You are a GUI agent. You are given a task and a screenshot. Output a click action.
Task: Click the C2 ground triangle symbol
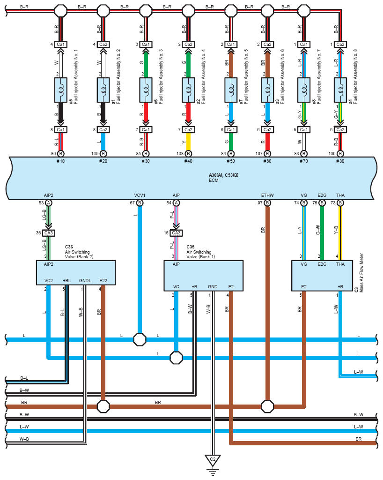pos(213,460)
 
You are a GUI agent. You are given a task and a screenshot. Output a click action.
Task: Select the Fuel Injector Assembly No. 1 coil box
pos(61,90)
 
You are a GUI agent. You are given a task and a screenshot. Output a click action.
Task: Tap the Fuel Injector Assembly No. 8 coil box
pos(340,90)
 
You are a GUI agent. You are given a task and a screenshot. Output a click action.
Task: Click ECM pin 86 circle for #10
pos(61,153)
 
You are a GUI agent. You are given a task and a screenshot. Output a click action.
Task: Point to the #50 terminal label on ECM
pos(231,161)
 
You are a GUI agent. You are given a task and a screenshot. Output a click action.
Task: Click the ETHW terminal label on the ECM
pos(267,195)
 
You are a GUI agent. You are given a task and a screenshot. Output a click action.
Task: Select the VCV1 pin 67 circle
pos(140,202)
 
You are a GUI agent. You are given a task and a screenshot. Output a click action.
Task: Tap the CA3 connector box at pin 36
pos(49,233)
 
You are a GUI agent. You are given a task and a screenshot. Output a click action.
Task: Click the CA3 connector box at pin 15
pos(176,233)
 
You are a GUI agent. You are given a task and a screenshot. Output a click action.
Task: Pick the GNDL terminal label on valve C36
pos(85,281)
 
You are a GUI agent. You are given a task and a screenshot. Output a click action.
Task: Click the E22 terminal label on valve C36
pos(103,281)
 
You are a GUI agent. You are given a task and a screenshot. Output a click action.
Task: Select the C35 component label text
pos(191,247)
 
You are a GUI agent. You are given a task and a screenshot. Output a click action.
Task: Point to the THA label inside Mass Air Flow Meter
pos(340,264)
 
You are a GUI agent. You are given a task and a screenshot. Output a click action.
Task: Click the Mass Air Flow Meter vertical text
pos(361,273)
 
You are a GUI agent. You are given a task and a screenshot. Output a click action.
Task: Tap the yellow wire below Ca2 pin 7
pos(188,142)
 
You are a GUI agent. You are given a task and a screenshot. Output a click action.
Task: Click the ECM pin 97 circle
pos(267,202)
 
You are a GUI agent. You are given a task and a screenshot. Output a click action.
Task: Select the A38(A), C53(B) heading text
pos(223,175)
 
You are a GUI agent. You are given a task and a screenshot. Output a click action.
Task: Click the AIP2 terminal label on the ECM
pos(49,195)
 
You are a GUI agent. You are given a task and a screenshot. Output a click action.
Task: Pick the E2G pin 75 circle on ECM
pos(322,202)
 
